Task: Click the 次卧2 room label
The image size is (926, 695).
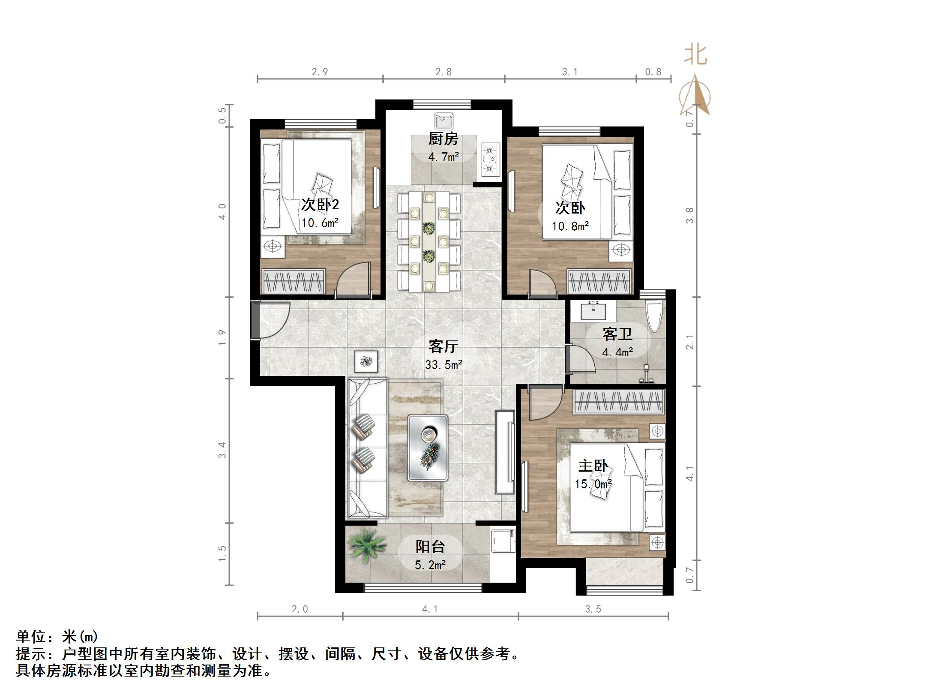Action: (x=320, y=205)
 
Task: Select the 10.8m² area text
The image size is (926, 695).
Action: (x=570, y=226)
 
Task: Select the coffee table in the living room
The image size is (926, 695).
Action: (x=428, y=447)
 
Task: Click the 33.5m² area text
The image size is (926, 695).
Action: (x=444, y=365)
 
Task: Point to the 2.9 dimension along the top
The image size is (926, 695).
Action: (x=320, y=72)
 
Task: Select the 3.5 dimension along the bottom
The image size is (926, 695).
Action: (x=593, y=609)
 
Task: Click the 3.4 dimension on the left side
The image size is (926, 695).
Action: (x=222, y=450)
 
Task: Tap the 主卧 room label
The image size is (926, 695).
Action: (x=593, y=466)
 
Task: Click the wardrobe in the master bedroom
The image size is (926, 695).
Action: (x=619, y=402)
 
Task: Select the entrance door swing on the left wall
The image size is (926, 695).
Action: (x=272, y=321)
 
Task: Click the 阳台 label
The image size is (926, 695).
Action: (x=430, y=546)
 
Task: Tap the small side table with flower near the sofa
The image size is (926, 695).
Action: (x=366, y=361)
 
